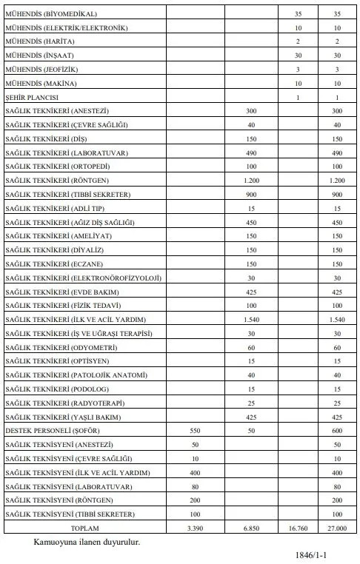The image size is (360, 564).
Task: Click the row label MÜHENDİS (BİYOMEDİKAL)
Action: (50, 14)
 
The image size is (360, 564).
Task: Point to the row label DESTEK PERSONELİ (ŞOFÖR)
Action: (52, 430)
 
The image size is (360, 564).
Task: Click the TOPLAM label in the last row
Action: (83, 528)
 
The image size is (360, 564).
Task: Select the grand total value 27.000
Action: (337, 528)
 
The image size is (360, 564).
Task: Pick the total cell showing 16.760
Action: (297, 528)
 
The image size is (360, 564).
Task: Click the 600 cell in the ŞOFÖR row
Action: (337, 430)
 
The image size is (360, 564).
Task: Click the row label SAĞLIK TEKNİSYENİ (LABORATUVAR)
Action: (68, 486)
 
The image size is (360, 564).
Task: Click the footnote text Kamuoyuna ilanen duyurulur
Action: (87, 543)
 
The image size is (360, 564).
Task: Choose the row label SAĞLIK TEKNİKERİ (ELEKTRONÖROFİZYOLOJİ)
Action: (83, 278)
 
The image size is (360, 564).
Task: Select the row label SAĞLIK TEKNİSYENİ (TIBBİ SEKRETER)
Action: (70, 514)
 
